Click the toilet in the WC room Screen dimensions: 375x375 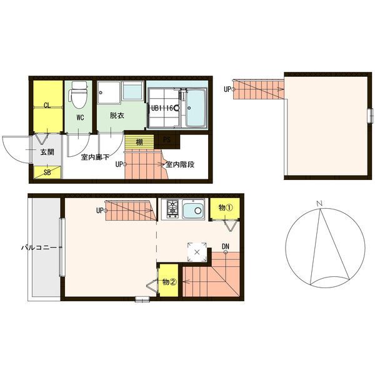[77, 95]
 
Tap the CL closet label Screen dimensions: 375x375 [47, 106]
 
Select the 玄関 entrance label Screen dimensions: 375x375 [47, 152]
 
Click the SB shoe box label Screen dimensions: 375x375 [47, 172]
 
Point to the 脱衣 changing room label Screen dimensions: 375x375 [117, 116]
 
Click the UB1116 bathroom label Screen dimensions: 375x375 [162, 108]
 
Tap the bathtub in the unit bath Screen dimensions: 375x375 [196, 108]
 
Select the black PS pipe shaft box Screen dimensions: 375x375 [167, 139]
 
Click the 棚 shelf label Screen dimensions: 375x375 [139, 142]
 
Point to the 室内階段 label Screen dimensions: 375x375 [180, 165]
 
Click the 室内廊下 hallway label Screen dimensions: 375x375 [95, 157]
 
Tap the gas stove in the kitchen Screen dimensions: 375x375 [172, 209]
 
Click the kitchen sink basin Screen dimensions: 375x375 [193, 209]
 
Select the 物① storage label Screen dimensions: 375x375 [226, 208]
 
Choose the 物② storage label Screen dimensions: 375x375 [169, 282]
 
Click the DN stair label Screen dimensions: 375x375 [225, 246]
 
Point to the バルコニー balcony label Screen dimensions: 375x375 [39, 247]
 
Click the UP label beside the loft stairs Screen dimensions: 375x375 [227, 89]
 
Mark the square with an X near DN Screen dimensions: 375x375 [197, 252]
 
